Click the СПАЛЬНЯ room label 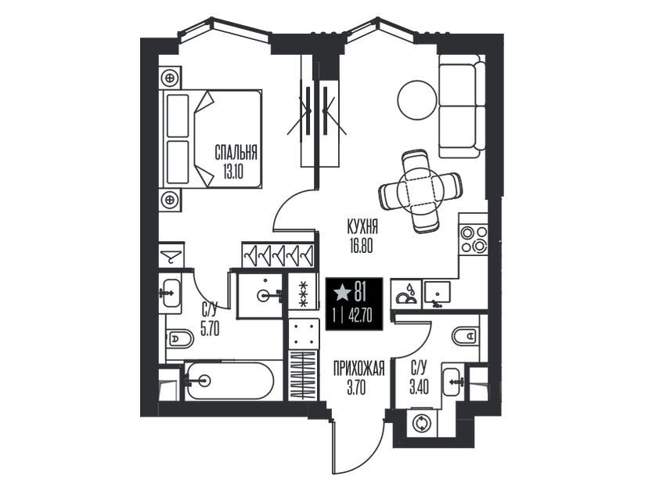[x=236, y=152]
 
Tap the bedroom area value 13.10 [x=233, y=171]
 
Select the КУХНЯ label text [x=362, y=227]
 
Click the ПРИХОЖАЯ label [x=359, y=368]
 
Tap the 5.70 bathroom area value [x=210, y=328]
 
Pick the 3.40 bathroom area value [x=419, y=387]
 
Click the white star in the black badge [x=342, y=293]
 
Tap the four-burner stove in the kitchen [x=474, y=239]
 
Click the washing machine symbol [x=422, y=423]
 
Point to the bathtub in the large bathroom [x=229, y=381]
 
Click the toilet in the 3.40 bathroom [x=467, y=335]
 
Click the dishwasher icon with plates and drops [x=406, y=293]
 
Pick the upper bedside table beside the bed [x=170, y=77]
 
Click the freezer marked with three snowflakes [x=304, y=294]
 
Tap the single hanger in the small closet [x=171, y=255]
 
